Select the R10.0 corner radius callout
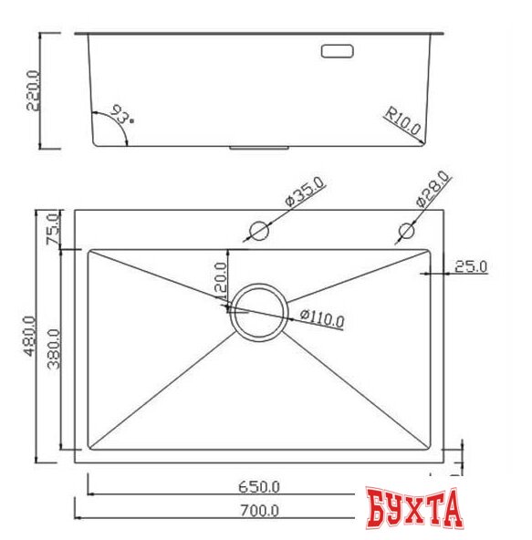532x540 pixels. tap(402, 123)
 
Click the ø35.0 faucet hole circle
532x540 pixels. tap(258, 231)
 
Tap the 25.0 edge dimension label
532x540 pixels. tap(471, 266)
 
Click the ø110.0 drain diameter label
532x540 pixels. tap(321, 319)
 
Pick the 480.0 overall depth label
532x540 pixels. tap(29, 337)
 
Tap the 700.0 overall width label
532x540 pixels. tap(259, 511)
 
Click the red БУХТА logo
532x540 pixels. tap(414, 510)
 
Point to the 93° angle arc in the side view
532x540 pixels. tap(113, 128)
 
